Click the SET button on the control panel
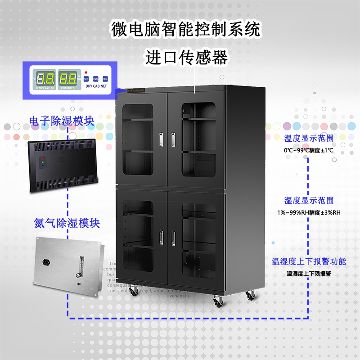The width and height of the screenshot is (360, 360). pyautogui.click(x=86, y=79)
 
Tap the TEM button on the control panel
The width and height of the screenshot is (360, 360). pyautogui.click(x=105, y=79)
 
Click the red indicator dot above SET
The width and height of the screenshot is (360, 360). pyautogui.click(x=86, y=72)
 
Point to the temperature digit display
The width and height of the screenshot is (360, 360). pyautogui.click(x=45, y=79)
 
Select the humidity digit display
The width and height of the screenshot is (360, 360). pyautogui.click(x=68, y=79)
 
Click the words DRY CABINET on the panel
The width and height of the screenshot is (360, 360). pyautogui.click(x=96, y=86)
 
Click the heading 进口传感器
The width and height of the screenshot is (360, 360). pyautogui.click(x=186, y=57)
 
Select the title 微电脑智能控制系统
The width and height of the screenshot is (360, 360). pyautogui.click(x=186, y=30)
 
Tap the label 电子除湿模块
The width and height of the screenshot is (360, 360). pyautogui.click(x=61, y=121)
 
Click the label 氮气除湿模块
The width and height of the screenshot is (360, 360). pyautogui.click(x=67, y=223)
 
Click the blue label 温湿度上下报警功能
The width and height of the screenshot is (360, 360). pyautogui.click(x=309, y=261)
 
